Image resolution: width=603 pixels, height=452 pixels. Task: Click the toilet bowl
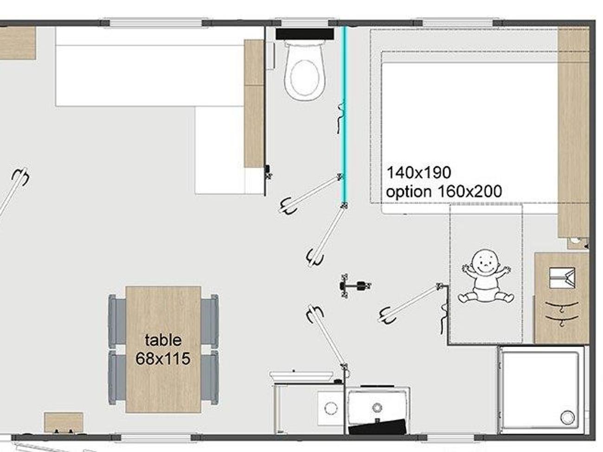coord(304,71)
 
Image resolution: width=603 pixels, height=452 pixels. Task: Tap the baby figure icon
coord(486,276)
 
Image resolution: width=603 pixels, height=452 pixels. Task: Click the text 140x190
coord(418,172)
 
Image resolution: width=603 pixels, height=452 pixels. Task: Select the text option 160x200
coord(443,191)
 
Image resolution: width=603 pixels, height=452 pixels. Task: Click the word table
coord(163,340)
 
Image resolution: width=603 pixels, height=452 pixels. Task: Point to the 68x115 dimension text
coord(163,358)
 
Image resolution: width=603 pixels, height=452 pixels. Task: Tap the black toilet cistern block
coord(305,34)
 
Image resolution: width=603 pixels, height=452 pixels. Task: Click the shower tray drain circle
coord(567,417)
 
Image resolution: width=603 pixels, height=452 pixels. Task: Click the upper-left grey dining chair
coord(117,321)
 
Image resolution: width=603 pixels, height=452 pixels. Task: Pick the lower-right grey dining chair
coord(210,378)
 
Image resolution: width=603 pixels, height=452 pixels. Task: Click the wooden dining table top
coord(163,350)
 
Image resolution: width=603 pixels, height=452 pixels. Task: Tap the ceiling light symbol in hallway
coord(355,286)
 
